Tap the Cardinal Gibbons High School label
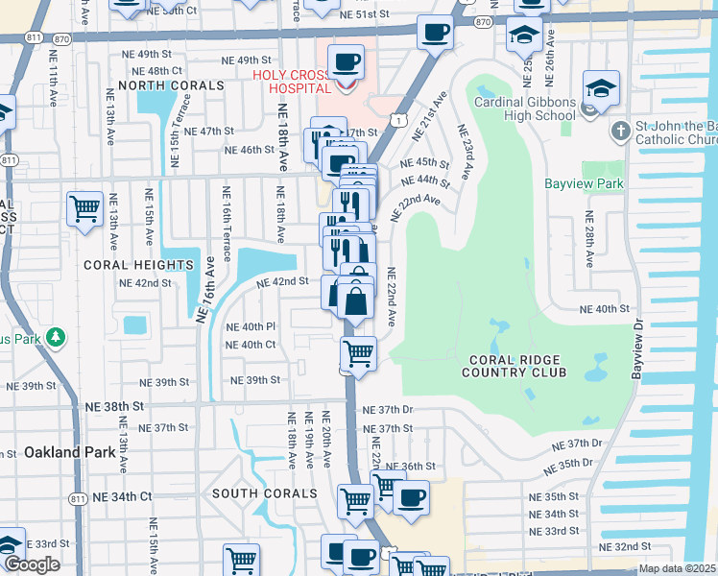525,109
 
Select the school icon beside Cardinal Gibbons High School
601,89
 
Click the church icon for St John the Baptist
620,131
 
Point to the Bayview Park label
584,183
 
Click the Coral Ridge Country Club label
515,366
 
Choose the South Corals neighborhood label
264,493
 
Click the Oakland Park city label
61,451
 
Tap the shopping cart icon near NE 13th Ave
84,206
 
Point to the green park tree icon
57,337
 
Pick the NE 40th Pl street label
251,326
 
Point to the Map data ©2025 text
677,568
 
